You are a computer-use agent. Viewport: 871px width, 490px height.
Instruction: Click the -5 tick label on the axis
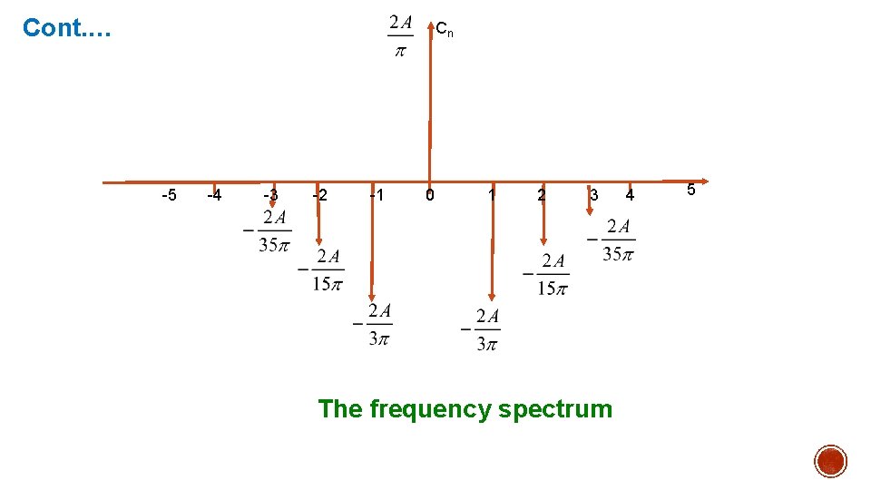[x=169, y=195]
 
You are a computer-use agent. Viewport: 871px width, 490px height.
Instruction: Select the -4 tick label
[x=214, y=195]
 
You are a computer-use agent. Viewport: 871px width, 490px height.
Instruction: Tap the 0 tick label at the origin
[x=430, y=195]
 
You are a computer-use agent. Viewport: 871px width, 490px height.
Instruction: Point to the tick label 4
[x=631, y=195]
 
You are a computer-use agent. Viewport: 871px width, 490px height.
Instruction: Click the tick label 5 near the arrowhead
[x=690, y=191]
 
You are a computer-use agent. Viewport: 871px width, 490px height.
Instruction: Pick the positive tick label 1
[x=491, y=194]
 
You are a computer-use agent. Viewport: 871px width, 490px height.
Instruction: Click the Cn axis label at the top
[x=445, y=31]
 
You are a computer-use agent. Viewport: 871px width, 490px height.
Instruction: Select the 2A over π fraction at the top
[x=400, y=35]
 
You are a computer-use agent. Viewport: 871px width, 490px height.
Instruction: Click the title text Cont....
[x=66, y=28]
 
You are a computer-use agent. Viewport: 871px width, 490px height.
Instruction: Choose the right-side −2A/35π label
[x=612, y=240]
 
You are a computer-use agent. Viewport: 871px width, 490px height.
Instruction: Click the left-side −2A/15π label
[x=321, y=270]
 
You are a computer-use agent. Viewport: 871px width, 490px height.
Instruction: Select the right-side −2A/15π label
[x=546, y=275]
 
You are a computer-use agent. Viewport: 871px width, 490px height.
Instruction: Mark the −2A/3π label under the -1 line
[x=373, y=324]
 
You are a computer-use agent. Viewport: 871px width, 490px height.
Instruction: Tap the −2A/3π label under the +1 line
[x=481, y=330]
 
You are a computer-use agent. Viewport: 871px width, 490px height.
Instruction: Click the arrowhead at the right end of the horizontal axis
[x=704, y=181]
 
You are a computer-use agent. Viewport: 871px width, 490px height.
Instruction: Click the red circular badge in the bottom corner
[x=829, y=461]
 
